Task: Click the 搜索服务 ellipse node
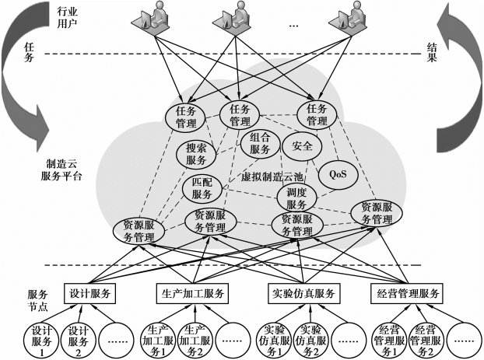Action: click(x=196, y=154)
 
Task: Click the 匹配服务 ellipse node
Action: click(x=202, y=188)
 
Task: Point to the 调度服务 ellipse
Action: click(x=296, y=197)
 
